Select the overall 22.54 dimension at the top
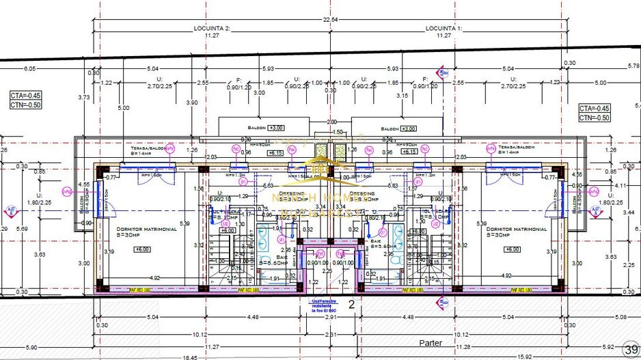coord(330,20)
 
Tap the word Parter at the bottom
coord(432,344)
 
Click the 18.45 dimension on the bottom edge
coord(189,356)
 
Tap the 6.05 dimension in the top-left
coord(30,69)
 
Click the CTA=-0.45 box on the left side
coord(25,95)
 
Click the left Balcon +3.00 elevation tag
coord(276,128)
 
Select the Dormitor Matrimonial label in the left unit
coord(147,230)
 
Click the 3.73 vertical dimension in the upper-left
coord(84,98)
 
